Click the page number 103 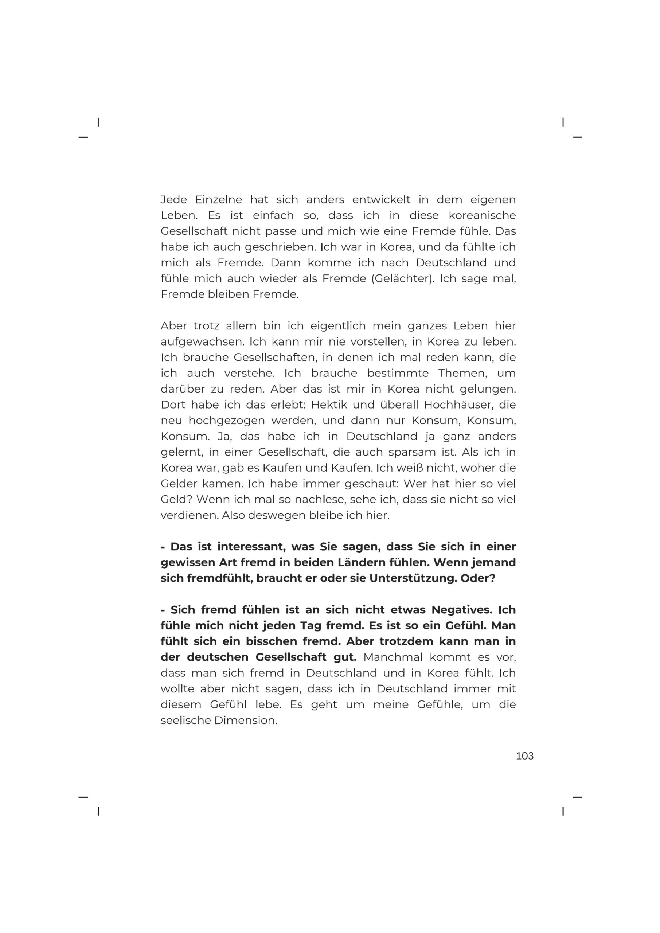[x=524, y=756]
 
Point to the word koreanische [x=482, y=215]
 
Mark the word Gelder [x=177, y=484]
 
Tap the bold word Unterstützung [x=413, y=578]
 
